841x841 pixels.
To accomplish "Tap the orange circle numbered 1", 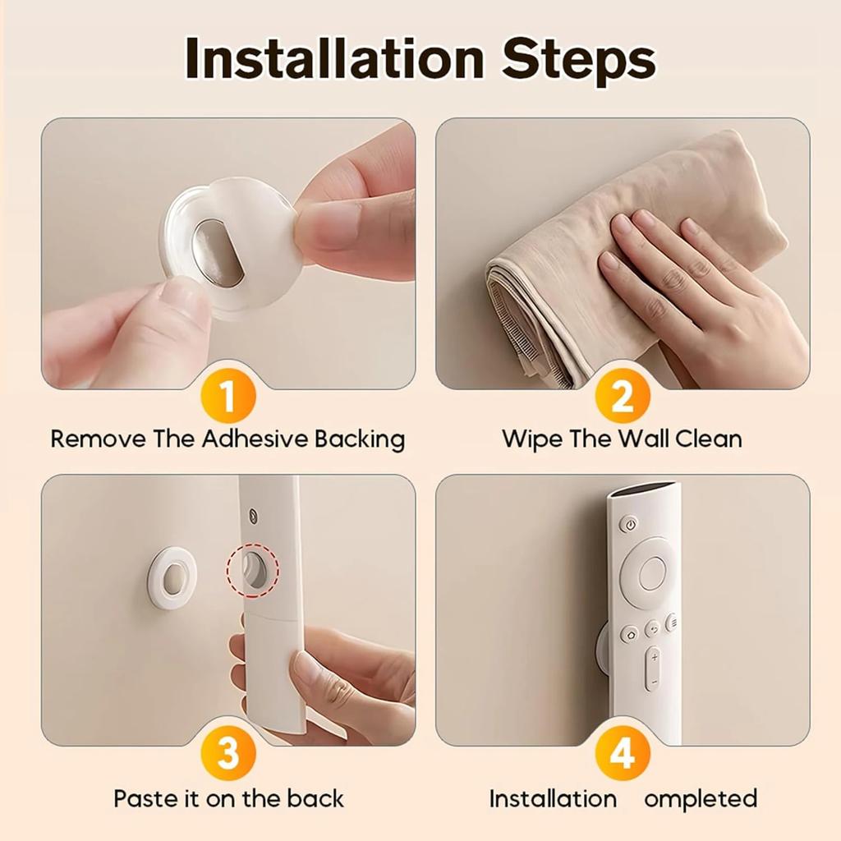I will click(228, 397).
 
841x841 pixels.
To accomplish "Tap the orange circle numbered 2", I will click(623, 397).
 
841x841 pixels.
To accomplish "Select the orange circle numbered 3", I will click(228, 754).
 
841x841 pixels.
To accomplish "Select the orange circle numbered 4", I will click(623, 754).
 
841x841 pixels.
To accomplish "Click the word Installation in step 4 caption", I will click(553, 798).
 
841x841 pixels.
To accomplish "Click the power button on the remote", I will click(629, 524).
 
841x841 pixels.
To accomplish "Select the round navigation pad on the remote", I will click(652, 573).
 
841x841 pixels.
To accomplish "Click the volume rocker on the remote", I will click(653, 669).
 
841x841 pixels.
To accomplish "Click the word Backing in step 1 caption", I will click(360, 439).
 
